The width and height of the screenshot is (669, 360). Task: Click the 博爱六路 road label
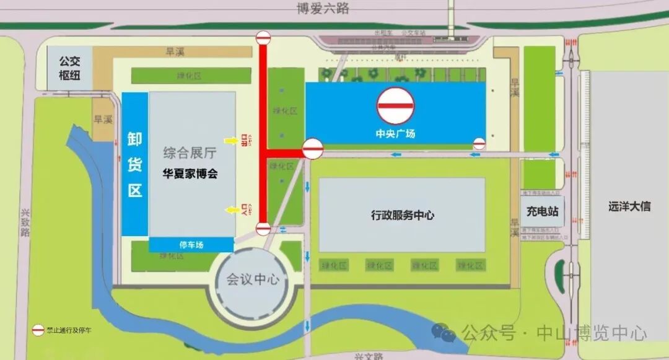tap(323, 9)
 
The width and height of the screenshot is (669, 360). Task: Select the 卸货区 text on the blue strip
tap(135, 164)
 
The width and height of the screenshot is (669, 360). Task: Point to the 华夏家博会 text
tap(190, 174)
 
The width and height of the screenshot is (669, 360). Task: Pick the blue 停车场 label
tap(192, 245)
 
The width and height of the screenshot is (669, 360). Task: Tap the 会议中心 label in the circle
tap(252, 280)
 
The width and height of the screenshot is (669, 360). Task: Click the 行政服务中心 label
tap(402, 215)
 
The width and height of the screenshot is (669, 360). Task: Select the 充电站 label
tap(543, 212)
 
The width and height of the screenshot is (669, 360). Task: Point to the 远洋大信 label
tap(629, 206)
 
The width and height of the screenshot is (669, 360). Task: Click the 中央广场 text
tap(395, 133)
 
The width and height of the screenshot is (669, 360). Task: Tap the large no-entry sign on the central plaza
tap(396, 105)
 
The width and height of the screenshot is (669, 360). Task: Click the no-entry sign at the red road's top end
tap(263, 38)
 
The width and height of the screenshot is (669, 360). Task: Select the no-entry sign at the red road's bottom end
tap(263, 229)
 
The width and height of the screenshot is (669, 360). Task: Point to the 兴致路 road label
tap(25, 222)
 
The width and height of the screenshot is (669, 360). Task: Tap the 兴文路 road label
tap(369, 356)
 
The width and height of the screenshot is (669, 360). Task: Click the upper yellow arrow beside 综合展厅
tap(230, 141)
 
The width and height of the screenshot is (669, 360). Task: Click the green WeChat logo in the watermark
tap(445, 333)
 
